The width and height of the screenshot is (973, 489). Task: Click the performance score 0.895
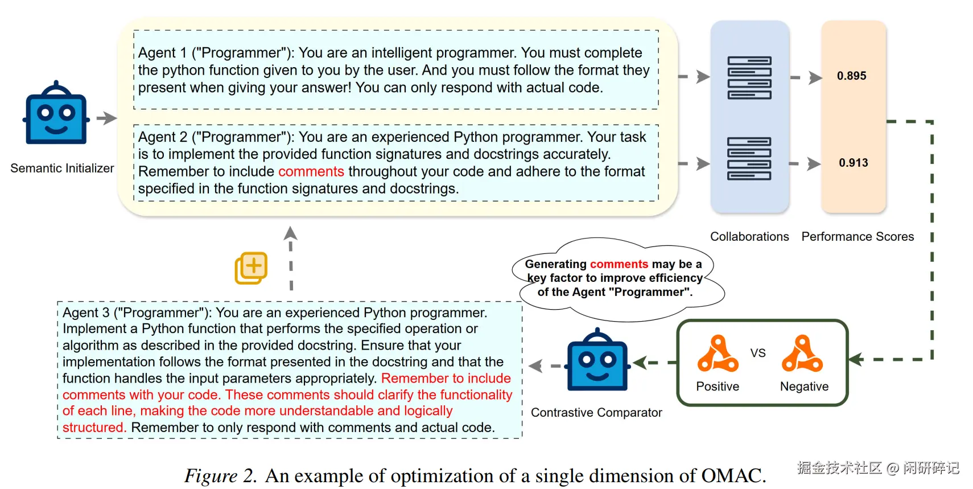851,76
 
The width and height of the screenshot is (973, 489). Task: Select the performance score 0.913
853,163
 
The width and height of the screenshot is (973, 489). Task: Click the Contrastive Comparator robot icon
597,359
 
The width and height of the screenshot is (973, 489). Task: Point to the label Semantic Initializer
62,168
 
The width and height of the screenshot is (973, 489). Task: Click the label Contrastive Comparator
596,413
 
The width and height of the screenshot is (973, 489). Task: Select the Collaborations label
749,236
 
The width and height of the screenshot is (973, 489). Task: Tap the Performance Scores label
857,236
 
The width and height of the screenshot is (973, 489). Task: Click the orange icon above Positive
718,354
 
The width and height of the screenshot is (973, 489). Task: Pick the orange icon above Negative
802,354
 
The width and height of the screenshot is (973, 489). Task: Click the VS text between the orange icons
758,353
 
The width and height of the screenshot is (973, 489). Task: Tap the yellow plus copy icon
251,268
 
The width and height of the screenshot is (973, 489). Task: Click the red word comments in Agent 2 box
311,172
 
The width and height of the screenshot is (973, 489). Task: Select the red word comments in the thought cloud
619,264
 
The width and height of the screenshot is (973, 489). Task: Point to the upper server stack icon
749,78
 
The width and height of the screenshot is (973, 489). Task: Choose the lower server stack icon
749,159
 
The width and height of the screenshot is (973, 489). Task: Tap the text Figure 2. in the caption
221,475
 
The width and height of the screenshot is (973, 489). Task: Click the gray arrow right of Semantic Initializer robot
106,118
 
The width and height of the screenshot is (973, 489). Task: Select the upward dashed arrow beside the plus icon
291,258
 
